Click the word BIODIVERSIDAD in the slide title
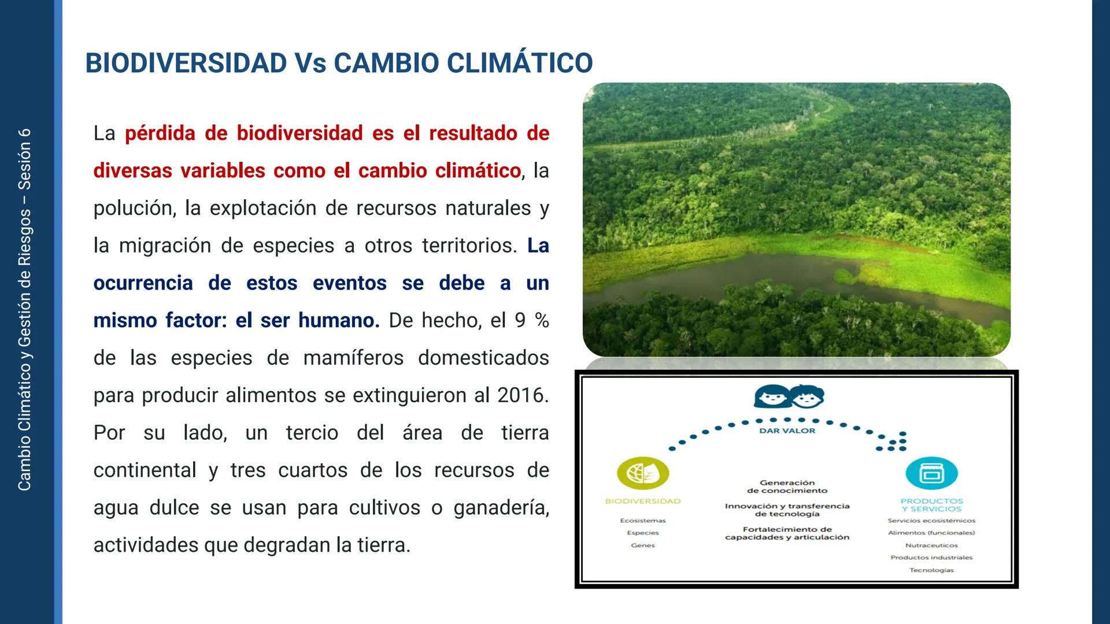pos(186,63)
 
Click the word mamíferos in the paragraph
pos(353,358)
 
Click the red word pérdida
pos(160,133)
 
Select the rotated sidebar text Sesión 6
pos(24,159)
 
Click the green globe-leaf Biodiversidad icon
pos(643,473)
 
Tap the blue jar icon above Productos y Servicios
pos(931,473)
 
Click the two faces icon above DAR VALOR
pos(789,397)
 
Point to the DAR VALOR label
pos(787,430)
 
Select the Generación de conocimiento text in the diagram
pos(787,486)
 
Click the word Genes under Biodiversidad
pos(643,545)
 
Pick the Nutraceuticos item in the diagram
pos(931,545)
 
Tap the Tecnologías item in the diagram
pos(931,570)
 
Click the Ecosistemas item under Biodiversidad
pos(643,521)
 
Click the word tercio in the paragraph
pos(312,433)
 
